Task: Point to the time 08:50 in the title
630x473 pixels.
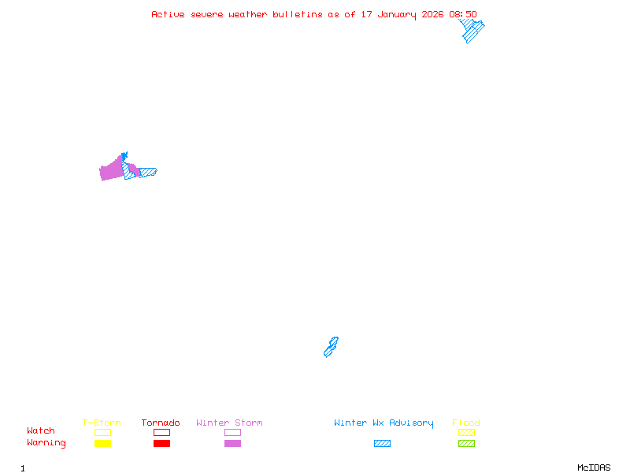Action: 463,14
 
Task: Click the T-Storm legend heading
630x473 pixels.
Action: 102,423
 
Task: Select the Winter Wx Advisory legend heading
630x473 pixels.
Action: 384,423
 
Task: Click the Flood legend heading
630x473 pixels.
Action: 466,423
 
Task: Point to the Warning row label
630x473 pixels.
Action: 46,443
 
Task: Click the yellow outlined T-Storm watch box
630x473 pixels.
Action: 102,432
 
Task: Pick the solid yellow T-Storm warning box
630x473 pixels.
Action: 102,444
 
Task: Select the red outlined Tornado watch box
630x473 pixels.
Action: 161,432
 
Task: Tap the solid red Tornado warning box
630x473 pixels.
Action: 161,444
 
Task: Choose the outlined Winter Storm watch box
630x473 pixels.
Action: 232,432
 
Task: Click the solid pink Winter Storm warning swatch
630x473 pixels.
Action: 232,444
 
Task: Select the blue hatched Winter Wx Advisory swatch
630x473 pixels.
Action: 382,444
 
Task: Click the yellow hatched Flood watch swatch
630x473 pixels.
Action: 466,432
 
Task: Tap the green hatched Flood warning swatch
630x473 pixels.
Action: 466,444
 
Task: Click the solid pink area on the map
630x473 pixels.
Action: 111,169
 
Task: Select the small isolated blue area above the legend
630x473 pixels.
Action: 331,348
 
